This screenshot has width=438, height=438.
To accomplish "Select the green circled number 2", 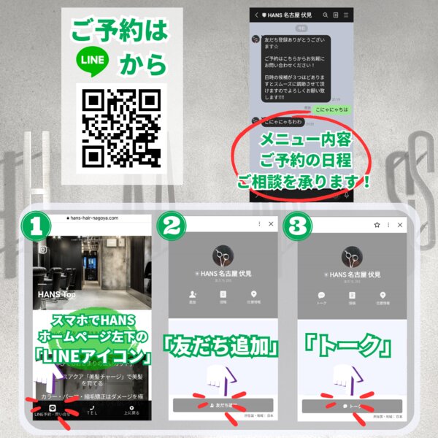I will [x=174, y=226].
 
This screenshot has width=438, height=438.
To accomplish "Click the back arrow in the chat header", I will [x=256, y=15].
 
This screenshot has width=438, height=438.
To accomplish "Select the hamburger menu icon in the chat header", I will [x=346, y=15].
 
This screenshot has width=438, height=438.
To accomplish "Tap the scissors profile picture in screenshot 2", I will [x=222, y=256].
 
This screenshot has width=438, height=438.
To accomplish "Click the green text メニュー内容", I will [x=301, y=139].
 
